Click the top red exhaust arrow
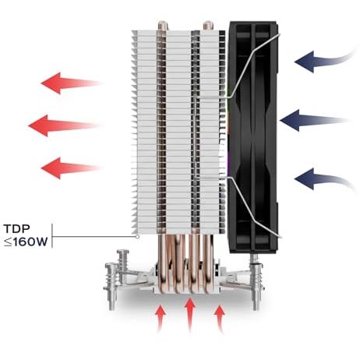pos(70,83)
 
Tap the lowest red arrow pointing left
pos(70,168)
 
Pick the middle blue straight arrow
pos(313,120)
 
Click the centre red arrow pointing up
pos(190,315)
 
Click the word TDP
pos(17,229)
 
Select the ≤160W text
pos(26,242)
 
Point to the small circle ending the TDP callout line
pos(138,237)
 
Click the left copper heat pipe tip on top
pos(163,26)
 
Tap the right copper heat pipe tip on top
pos(208,26)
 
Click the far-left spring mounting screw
pos(111,286)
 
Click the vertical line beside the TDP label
pos(52,236)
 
